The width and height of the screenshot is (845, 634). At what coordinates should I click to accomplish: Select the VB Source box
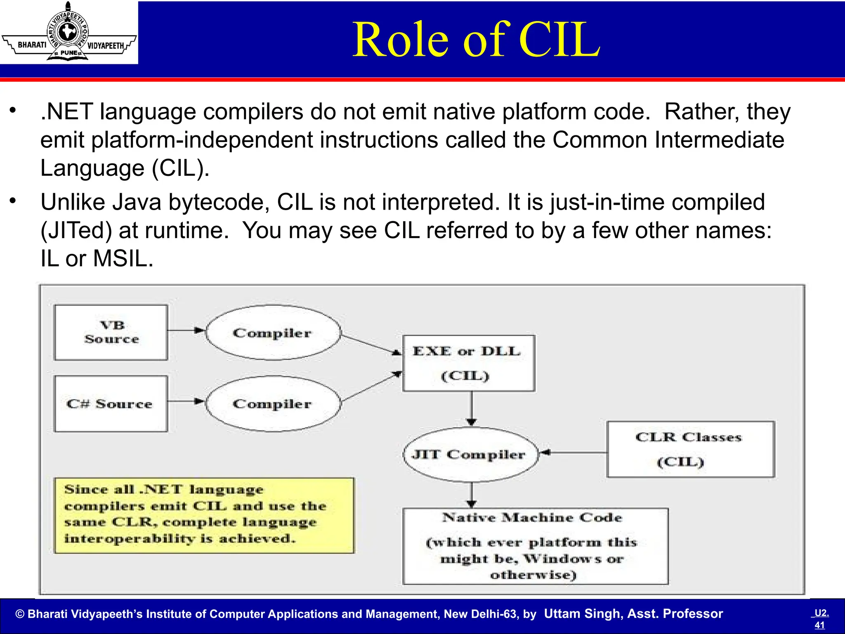pyautogui.click(x=111, y=333)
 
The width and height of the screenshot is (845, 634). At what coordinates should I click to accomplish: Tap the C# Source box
pyautogui.click(x=111, y=404)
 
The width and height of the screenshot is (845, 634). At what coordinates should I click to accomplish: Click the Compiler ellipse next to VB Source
pyautogui.click(x=273, y=333)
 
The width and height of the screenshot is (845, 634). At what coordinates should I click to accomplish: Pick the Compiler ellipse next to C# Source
pyautogui.click(x=273, y=404)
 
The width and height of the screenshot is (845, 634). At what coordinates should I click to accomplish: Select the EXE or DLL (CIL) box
pyautogui.click(x=468, y=363)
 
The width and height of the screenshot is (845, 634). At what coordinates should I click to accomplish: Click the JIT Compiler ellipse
pyautogui.click(x=470, y=454)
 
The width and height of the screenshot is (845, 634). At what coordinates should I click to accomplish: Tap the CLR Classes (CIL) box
pyautogui.click(x=690, y=449)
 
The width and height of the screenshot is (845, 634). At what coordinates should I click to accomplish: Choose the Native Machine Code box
pyautogui.click(x=535, y=546)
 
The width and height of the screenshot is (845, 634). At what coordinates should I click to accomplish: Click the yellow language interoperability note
pyautogui.click(x=204, y=515)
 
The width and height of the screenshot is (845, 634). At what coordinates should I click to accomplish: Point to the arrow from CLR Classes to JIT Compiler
pyautogui.click(x=574, y=452)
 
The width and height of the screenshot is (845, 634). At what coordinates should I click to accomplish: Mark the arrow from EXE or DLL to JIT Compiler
pyautogui.click(x=472, y=409)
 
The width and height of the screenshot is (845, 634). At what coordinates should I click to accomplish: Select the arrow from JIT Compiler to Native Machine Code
pyautogui.click(x=472, y=494)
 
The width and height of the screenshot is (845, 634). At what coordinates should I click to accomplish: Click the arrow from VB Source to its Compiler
pyautogui.click(x=186, y=330)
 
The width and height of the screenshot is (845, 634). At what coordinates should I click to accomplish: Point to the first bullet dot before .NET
pyautogui.click(x=13, y=111)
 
